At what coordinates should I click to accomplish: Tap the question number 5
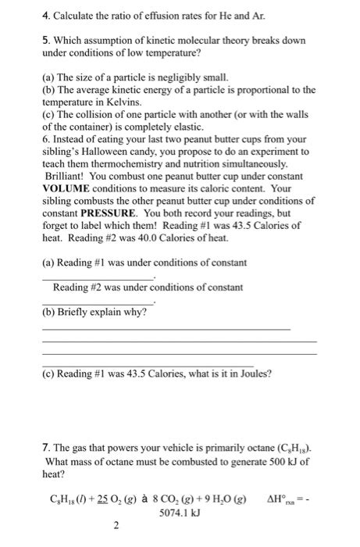coord(46,40)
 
